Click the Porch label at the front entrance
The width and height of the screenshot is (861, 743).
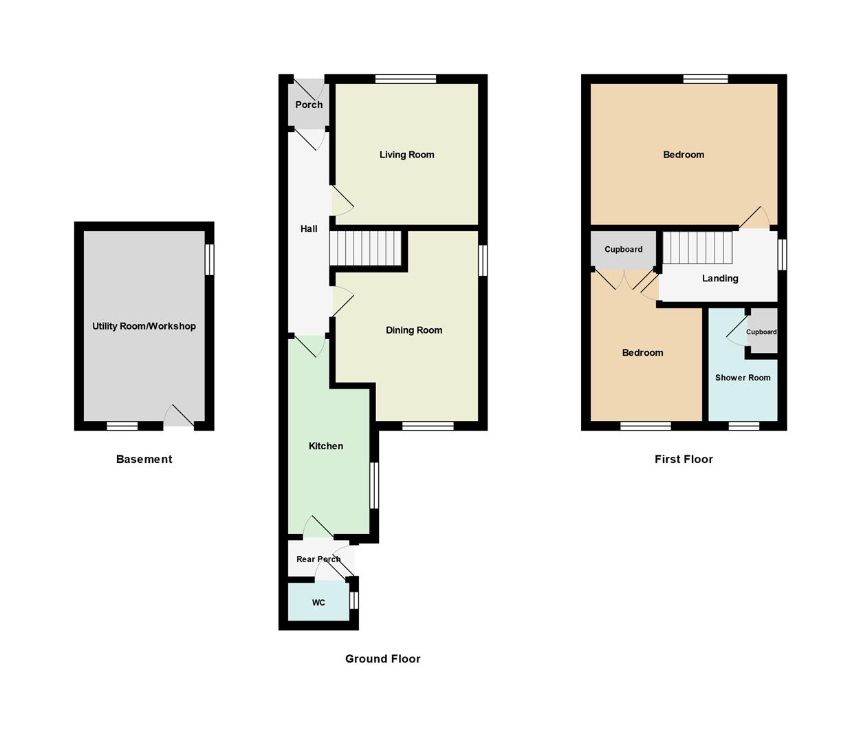pos(309,105)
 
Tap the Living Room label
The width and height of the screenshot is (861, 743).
pos(406,155)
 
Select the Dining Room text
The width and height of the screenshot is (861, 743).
pos(413,330)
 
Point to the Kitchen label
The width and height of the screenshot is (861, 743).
pos(325,446)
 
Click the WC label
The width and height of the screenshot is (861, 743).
pos(318,603)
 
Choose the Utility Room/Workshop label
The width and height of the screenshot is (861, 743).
pos(144,326)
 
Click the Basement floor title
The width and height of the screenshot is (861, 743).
pos(144,460)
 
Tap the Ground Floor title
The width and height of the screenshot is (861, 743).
pos(382,659)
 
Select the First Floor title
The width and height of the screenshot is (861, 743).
pos(683,460)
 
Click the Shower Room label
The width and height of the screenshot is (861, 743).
pos(742,378)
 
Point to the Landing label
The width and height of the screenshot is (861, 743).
pos(720,279)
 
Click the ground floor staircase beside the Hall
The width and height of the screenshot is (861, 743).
pos(365,248)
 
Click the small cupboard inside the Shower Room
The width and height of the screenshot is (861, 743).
pos(762,332)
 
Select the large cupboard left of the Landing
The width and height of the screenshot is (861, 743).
pos(623,250)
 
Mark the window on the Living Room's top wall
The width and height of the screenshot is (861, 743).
pos(406,79)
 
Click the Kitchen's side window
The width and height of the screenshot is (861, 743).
pos(374,485)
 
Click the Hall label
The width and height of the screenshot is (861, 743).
pos(309,229)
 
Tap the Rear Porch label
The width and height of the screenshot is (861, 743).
pos(318,559)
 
